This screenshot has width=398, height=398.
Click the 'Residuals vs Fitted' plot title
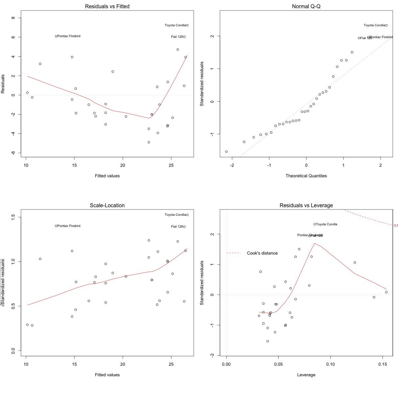[x=107, y=6]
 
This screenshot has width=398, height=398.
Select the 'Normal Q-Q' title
[x=306, y=6]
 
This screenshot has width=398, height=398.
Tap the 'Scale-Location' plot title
[x=107, y=205]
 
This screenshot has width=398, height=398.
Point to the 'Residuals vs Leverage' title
[x=306, y=205]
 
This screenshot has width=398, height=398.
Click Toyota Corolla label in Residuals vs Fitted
[x=175, y=25]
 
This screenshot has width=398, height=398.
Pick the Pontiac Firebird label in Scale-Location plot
[x=69, y=226]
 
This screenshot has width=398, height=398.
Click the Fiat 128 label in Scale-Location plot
[x=177, y=227]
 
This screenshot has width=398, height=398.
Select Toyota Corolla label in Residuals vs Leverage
[x=327, y=224]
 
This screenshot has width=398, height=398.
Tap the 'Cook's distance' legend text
[x=262, y=253]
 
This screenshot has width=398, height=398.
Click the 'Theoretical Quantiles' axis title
[x=306, y=176]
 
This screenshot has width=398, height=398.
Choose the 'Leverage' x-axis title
[x=306, y=375]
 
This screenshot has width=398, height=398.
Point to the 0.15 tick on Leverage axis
[x=383, y=364]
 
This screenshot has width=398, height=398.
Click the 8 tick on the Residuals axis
[x=13, y=18]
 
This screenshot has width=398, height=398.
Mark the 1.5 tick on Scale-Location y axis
[x=13, y=217]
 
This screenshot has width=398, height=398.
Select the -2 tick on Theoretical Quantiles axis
[x=232, y=165]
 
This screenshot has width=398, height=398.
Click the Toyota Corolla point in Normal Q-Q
[x=386, y=25]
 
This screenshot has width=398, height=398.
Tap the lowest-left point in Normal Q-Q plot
[x=226, y=152]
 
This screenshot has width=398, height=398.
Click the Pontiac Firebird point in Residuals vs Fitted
[x=56, y=36]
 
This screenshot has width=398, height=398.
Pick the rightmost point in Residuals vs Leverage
[x=386, y=292]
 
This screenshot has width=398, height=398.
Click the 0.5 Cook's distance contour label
[x=396, y=226]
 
